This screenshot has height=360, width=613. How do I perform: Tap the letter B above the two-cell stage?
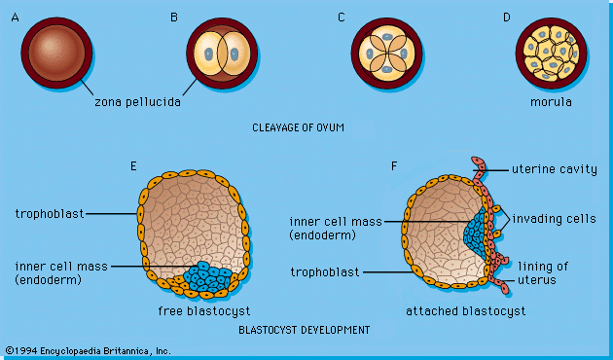(x=173, y=17)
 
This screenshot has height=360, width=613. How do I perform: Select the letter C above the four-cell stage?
(x=341, y=17)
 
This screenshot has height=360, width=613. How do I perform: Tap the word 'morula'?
(x=552, y=101)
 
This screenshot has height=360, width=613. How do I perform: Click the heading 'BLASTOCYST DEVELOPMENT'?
(x=304, y=330)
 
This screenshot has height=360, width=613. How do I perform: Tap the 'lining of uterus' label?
(x=543, y=272)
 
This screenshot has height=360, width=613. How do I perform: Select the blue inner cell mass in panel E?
(x=208, y=276)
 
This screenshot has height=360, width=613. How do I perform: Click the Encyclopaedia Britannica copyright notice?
(x=88, y=350)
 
